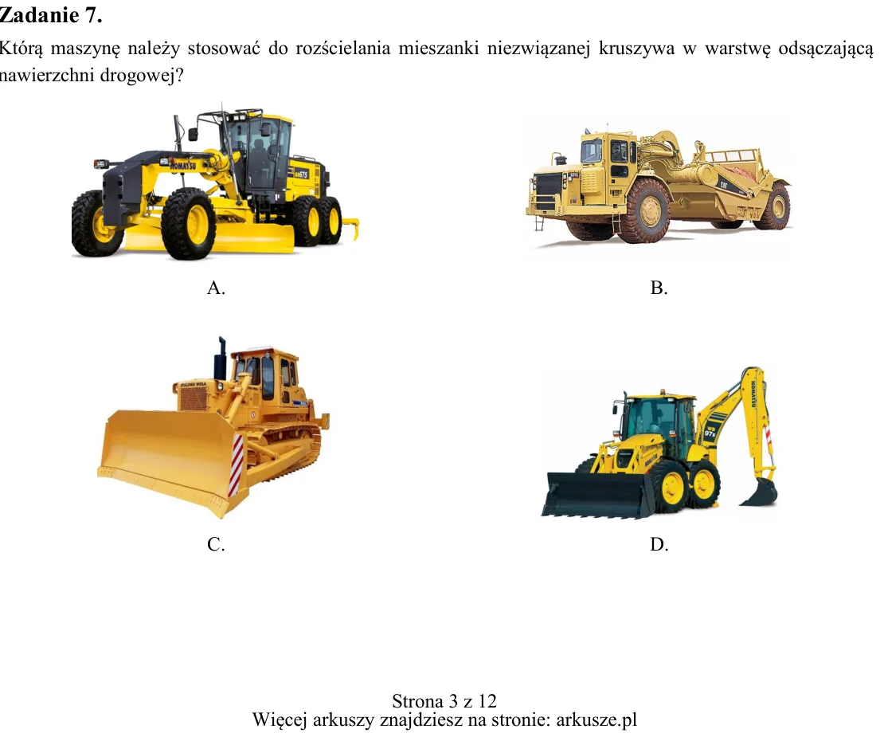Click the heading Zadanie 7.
click(50, 15)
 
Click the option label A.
click(216, 288)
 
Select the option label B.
click(659, 288)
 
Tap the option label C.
click(216, 544)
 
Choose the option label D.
click(659, 544)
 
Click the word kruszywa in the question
click(636, 49)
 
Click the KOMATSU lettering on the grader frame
click(183, 164)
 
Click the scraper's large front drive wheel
click(649, 210)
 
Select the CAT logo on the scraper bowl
click(724, 184)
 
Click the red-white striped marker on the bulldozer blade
click(237, 465)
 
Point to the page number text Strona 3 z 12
click(444, 701)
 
